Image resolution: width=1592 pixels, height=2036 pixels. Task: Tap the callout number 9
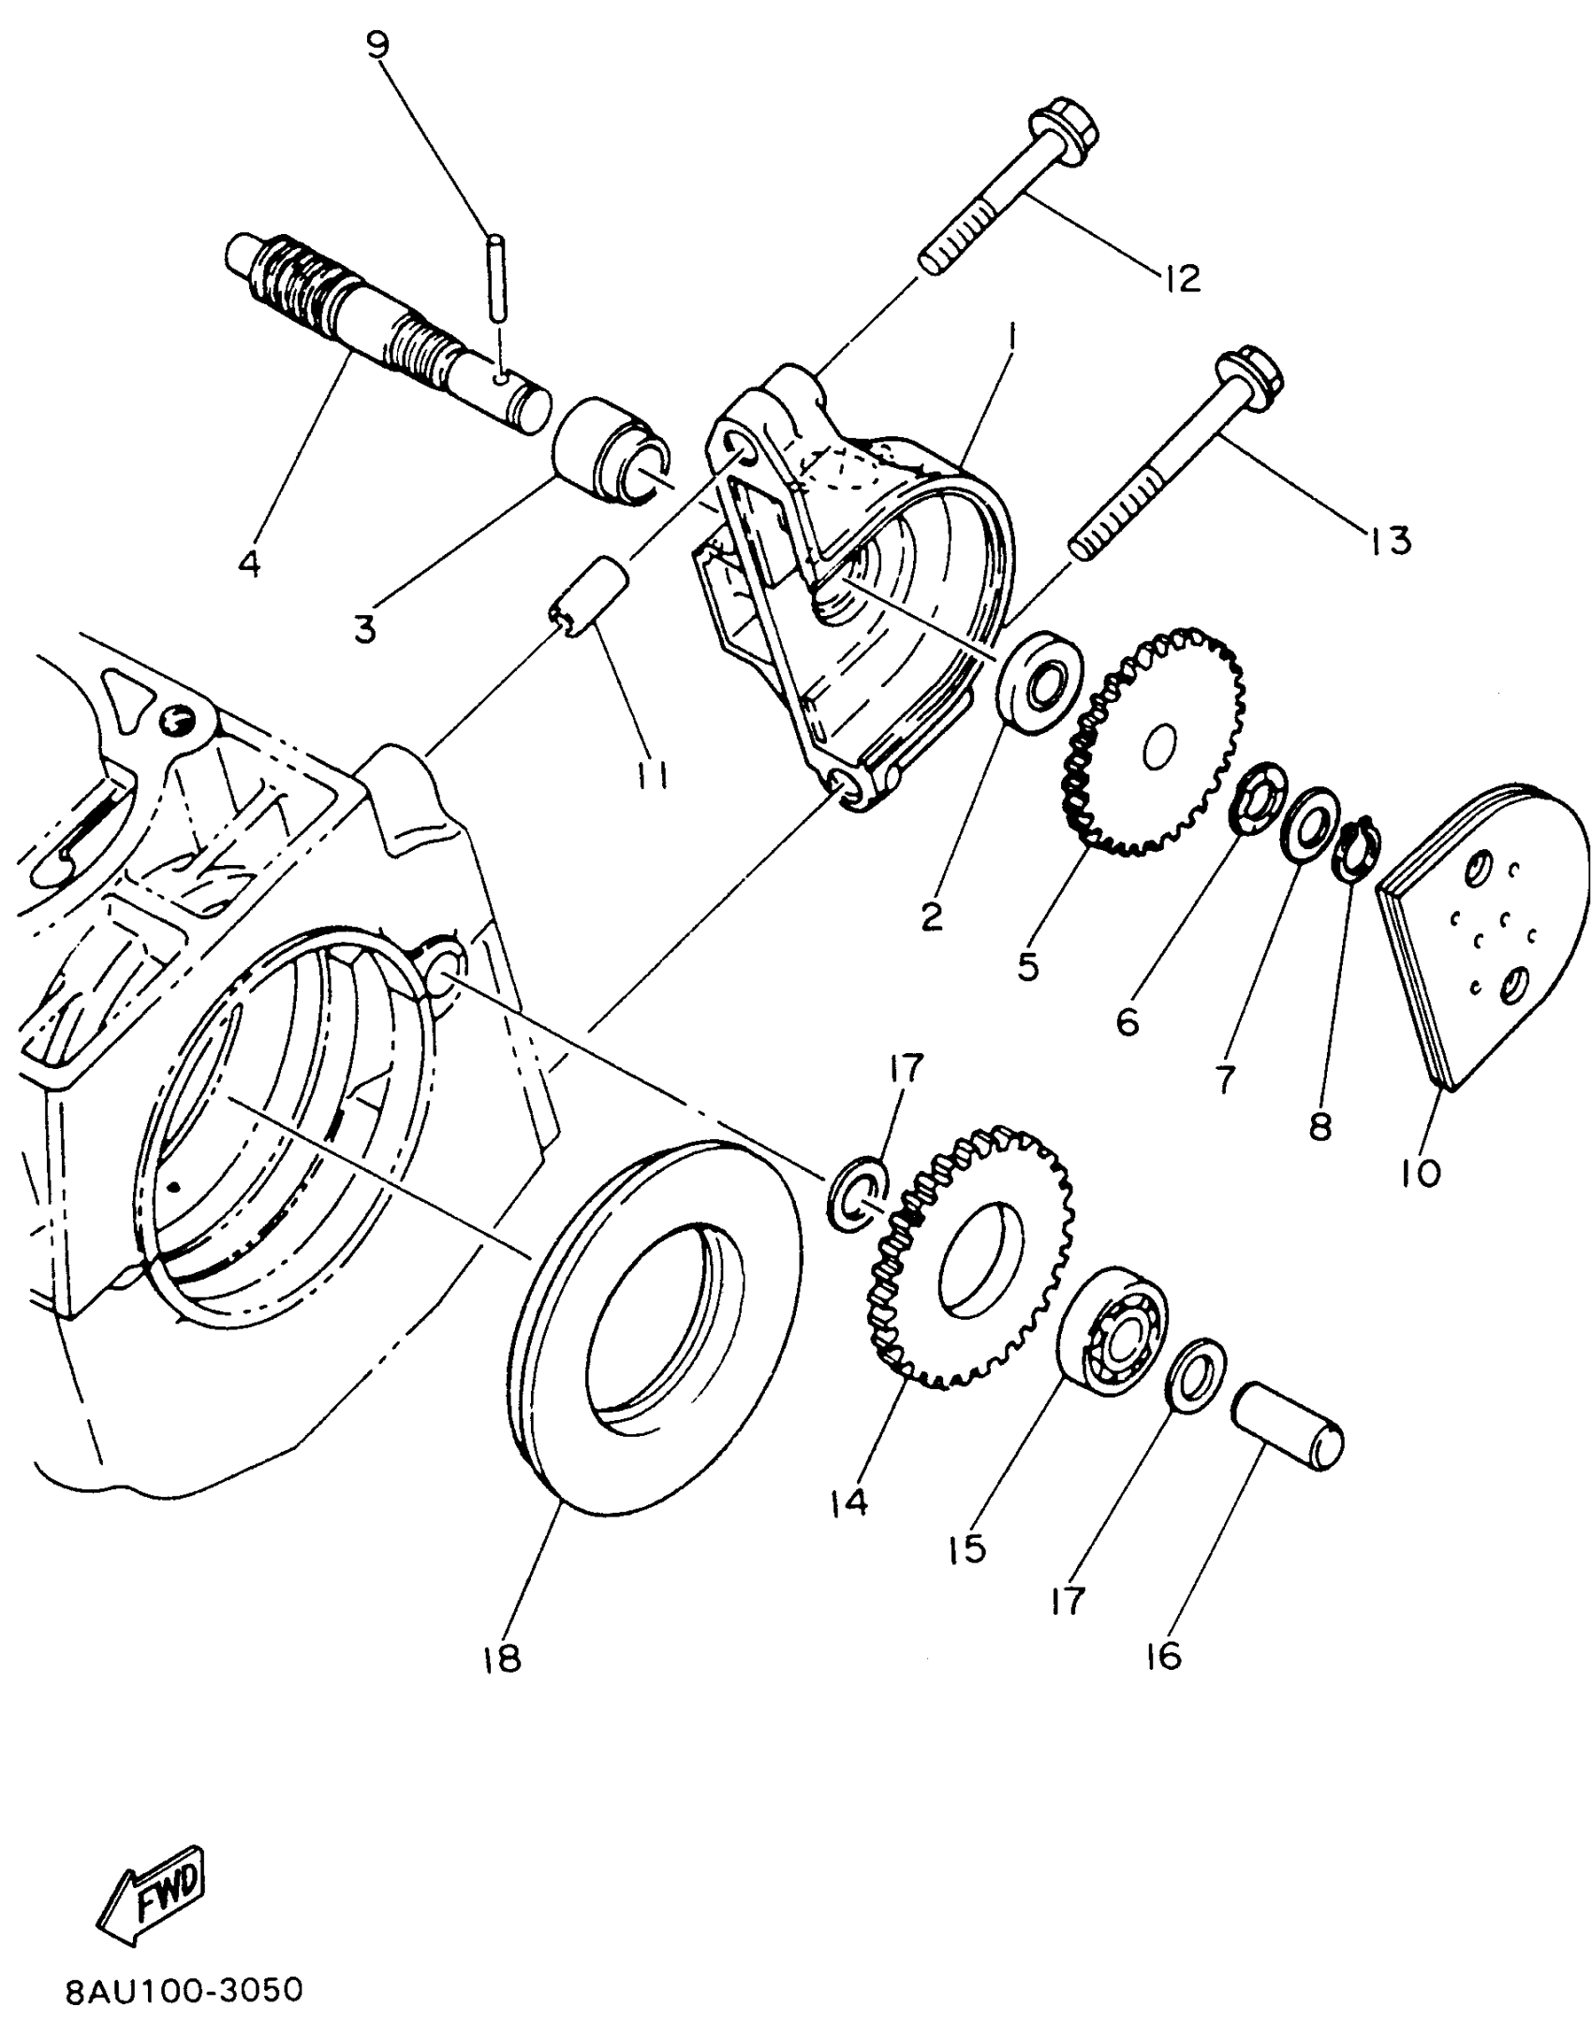(377, 45)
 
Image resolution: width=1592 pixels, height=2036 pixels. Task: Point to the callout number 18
(502, 1660)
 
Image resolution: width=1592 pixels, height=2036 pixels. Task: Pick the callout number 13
(1390, 540)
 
